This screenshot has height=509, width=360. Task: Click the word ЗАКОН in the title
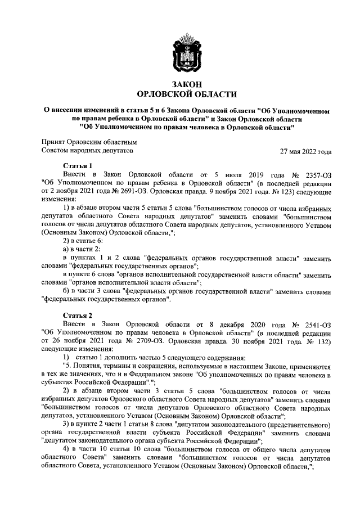coord(187,84)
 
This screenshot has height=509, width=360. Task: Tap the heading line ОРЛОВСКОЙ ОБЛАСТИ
coord(187,94)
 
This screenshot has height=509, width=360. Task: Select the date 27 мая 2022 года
coord(305,152)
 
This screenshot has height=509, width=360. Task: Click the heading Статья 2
coord(78,315)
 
